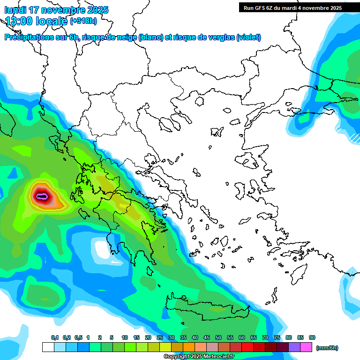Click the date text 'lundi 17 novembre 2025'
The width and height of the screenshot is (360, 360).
pyautogui.click(x=56, y=10)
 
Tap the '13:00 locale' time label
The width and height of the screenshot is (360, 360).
pyautogui.click(x=36, y=21)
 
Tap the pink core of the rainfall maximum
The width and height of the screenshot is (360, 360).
pyautogui.click(x=42, y=196)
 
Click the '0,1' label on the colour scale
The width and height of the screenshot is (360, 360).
pyautogui.click(x=55, y=338)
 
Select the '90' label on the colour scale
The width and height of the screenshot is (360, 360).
pyautogui.click(x=312, y=338)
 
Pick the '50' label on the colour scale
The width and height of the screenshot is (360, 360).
pyautogui.click(x=218, y=338)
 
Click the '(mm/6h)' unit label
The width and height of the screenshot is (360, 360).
pyautogui.click(x=327, y=348)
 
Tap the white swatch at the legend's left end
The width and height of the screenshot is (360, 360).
pyautogui.click(x=48, y=347)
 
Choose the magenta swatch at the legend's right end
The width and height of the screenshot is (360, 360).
pyautogui.click(x=306, y=347)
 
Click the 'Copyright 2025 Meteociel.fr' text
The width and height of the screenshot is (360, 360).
pyautogui.click(x=199, y=356)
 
